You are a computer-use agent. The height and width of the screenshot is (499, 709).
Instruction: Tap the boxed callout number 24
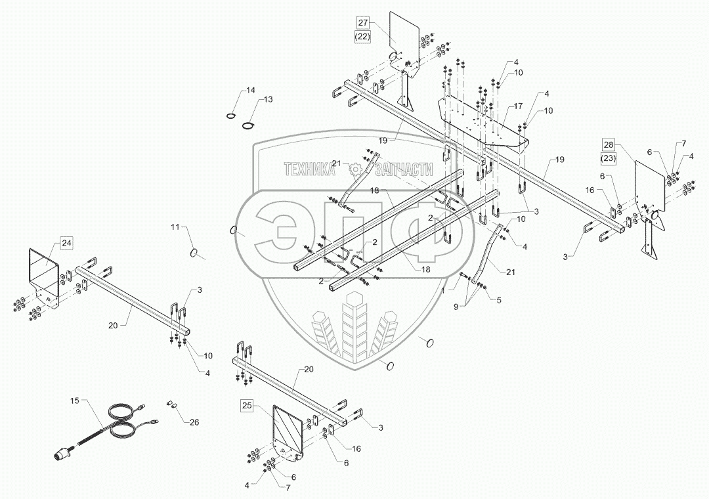(67, 243)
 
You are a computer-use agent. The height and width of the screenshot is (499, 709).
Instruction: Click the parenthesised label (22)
(364, 37)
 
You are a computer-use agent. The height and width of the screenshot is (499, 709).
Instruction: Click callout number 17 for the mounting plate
(518, 106)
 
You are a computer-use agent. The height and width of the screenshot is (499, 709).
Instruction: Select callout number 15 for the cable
(74, 400)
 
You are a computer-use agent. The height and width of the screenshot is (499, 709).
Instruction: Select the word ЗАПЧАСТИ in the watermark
(404, 170)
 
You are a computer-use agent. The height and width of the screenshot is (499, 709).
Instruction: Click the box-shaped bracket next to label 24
(45, 269)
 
